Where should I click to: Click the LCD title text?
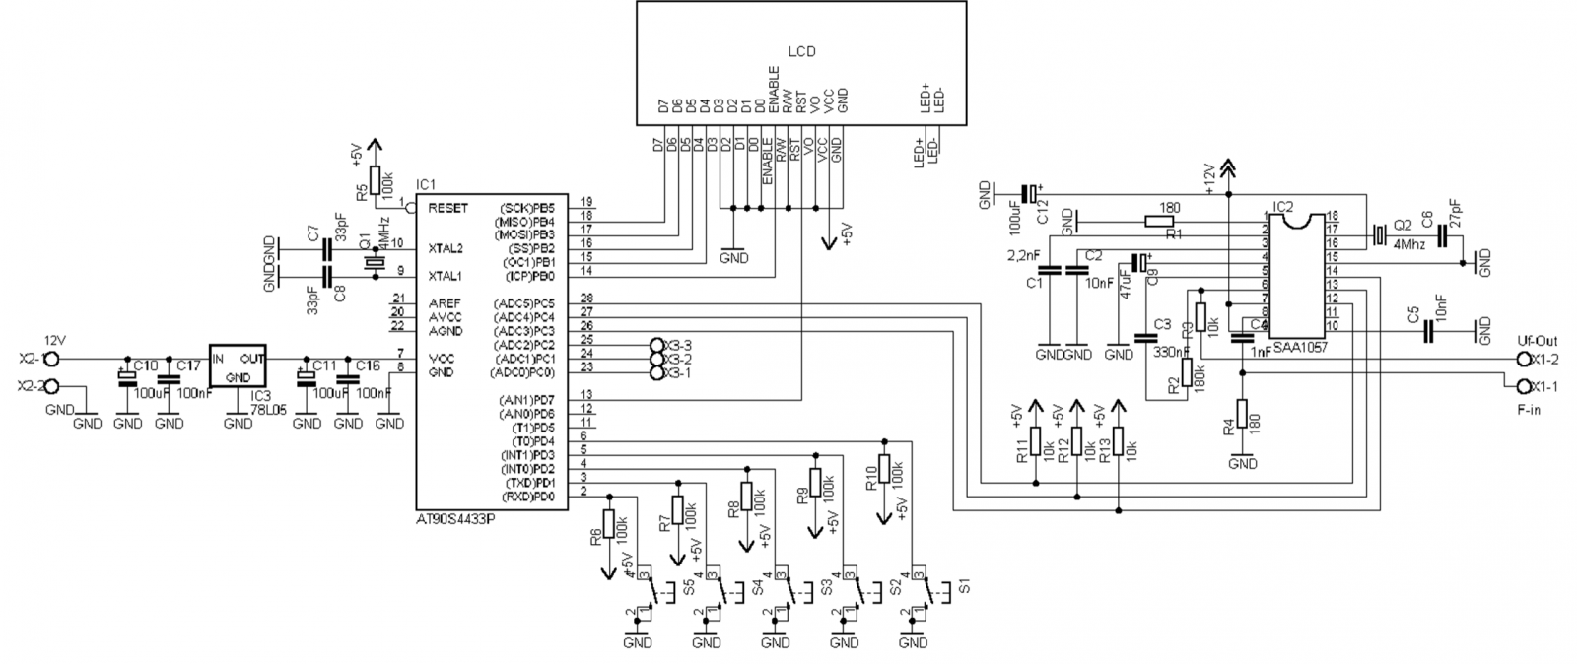[801, 51]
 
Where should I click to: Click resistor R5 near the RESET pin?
[376, 182]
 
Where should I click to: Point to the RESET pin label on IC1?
[448, 208]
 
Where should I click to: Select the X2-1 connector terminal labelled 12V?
[53, 359]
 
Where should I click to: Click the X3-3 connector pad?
[658, 345]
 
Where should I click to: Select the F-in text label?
[1529, 407]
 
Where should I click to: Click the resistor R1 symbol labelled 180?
[1159, 222]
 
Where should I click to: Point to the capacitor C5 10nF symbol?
[1427, 333]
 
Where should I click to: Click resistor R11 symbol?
[1035, 442]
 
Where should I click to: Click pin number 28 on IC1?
[586, 298]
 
